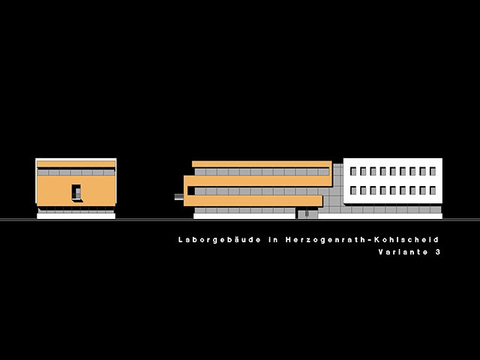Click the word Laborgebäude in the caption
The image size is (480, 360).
pyautogui.click(x=219, y=240)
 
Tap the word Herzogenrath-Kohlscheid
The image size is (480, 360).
pyautogui.click(x=362, y=240)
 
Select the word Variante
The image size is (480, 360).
pyautogui.click(x=403, y=252)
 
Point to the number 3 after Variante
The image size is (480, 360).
pyautogui.click(x=438, y=252)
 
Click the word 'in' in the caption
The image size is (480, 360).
pyautogui.click(x=273, y=240)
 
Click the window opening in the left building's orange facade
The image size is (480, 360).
pyautogui.click(x=76, y=193)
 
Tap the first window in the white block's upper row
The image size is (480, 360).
pyautogui.click(x=353, y=171)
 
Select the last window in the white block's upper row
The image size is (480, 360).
pyautogui.click(x=433, y=171)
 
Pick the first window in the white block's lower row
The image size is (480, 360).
pyautogui.click(x=353, y=190)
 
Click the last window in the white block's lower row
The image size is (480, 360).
pyautogui.click(x=433, y=190)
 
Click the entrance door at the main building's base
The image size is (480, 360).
pyautogui.click(x=307, y=213)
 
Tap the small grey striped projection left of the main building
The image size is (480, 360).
pyautogui.click(x=179, y=196)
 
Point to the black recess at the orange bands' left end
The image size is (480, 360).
pyautogui.click(x=191, y=190)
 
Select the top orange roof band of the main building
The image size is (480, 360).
pyautogui.click(x=262, y=164)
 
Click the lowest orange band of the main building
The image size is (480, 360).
pyautogui.click(x=253, y=200)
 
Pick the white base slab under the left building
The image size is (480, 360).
pyautogui.click(x=76, y=216)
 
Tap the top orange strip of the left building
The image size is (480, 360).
pyautogui.click(x=76, y=164)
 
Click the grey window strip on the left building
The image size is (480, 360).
pyautogui.click(x=76, y=172)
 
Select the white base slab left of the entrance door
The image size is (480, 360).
pyautogui.click(x=244, y=216)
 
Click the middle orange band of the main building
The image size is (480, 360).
pyautogui.click(x=258, y=181)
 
